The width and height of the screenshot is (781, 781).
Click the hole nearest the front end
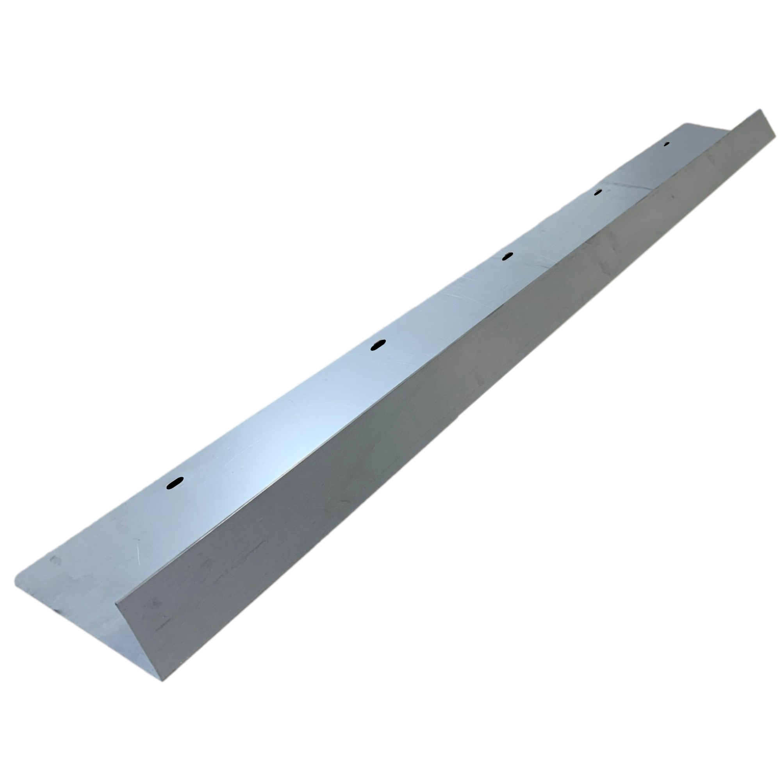[175, 483]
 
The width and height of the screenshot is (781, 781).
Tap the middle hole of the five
[507, 256]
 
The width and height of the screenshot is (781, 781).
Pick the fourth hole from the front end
[598, 192]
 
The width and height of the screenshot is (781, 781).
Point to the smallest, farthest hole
[667, 143]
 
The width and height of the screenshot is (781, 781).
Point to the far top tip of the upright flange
[760, 110]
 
